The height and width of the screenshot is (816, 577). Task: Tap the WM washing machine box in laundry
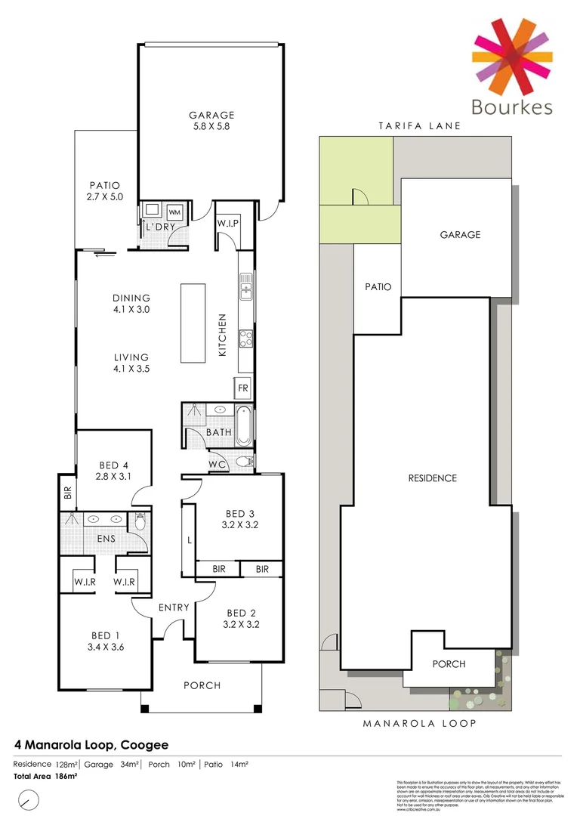click(174, 212)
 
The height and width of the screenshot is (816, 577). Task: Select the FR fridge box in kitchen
click(243, 388)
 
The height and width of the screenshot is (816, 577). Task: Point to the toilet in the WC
click(243, 462)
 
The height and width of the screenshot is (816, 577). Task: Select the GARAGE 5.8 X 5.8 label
click(211, 121)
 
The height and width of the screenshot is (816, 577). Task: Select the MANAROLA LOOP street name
click(420, 723)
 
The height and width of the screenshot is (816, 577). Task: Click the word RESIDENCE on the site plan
click(432, 478)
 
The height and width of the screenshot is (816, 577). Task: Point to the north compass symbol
click(29, 799)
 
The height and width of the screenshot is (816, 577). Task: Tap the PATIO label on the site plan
click(377, 287)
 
